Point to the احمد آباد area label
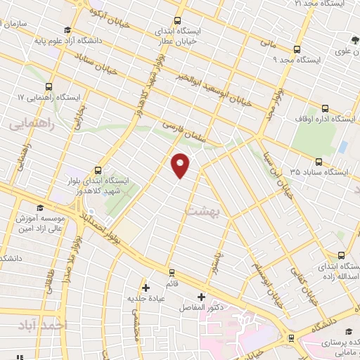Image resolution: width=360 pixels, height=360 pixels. coord(43,325)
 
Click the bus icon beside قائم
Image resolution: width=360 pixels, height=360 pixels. coord(171,271)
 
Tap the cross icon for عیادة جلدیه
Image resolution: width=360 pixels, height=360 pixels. coord(146,287)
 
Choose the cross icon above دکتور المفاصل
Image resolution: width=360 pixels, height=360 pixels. coord(202,296)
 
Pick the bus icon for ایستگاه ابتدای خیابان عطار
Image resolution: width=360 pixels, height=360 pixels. coord(177,20)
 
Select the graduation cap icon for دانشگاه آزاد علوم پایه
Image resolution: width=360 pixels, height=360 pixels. coord(67,30)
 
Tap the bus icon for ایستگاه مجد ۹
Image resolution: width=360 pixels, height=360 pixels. coord(297,49)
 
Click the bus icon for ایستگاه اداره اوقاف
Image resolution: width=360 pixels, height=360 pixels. coord(325,108)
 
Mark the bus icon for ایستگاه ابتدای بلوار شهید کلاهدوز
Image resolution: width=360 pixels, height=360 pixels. coord(96,169)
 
